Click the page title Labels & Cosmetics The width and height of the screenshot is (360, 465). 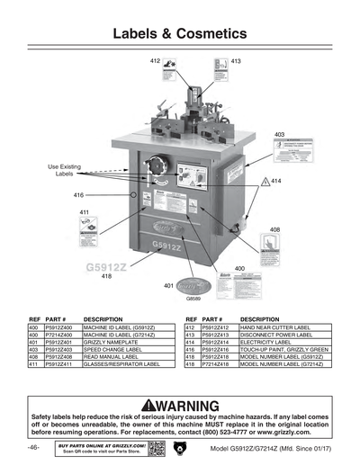point(179,33)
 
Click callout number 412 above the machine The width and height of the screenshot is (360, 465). point(155,59)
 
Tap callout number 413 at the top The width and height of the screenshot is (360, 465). point(237,60)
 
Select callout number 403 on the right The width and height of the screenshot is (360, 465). point(280,133)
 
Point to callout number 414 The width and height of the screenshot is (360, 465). point(276,181)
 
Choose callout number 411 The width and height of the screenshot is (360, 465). point(85,212)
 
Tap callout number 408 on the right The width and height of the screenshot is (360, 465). point(274,229)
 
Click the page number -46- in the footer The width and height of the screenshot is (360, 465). point(33,448)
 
